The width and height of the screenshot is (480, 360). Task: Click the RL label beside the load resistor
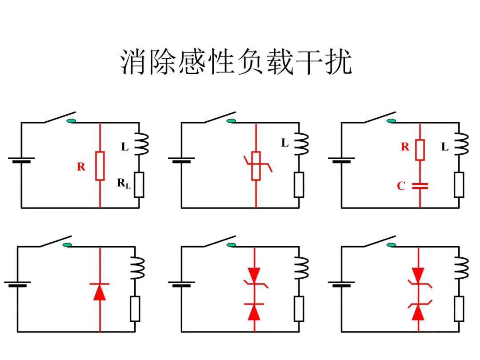[124, 183]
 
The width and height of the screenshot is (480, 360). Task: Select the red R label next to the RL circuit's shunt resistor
[81, 167]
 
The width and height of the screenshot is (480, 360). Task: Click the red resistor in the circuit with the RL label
[100, 166]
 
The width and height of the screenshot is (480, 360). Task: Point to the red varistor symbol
[256, 166]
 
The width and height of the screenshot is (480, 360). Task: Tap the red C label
[401, 186]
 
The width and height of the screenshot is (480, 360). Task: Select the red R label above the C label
[405, 147]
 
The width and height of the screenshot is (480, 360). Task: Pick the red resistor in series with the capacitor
[420, 149]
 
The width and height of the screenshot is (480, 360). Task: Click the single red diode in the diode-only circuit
[100, 291]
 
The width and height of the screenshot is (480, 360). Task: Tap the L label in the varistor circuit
[285, 143]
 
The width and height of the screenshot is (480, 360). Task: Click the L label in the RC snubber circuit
[445, 147]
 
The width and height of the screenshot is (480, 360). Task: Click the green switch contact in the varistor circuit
[231, 121]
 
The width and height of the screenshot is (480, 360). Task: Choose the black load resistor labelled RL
[139, 185]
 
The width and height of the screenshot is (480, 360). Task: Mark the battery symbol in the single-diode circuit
[17, 284]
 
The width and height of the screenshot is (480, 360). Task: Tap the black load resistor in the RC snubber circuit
[459, 185]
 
